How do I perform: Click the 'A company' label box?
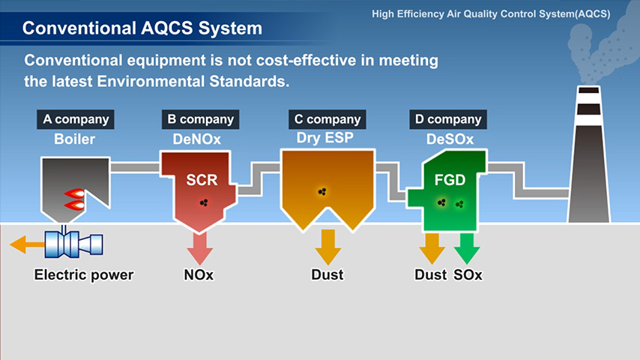76,119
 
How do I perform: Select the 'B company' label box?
200,119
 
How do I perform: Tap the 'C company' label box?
327,119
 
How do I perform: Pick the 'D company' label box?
448,119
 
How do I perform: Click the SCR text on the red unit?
202,180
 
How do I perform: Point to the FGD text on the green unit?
450,180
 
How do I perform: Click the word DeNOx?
197,139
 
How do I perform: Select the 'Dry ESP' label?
325,138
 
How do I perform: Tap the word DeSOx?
450,139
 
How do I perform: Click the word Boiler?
75,139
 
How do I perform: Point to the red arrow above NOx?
200,248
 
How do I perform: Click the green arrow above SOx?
467,248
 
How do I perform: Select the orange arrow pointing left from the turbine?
27,244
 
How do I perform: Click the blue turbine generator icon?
74,244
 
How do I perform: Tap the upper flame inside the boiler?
75,193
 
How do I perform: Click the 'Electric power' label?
84,275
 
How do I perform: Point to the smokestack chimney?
588,154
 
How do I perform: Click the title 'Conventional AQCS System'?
142,28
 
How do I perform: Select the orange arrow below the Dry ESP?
327,247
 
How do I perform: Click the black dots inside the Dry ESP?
322,192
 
